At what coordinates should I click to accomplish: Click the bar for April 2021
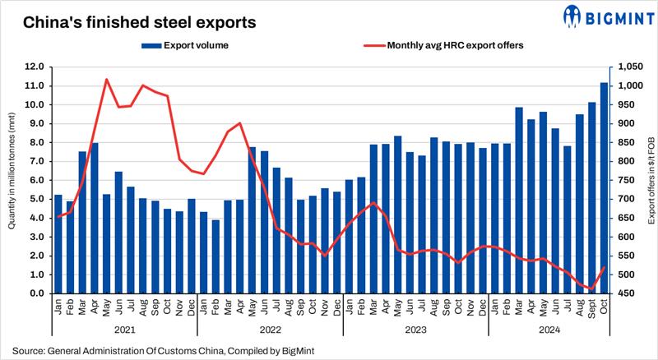point(94,218)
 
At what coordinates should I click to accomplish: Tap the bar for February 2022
point(215,256)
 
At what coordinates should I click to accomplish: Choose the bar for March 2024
point(519,200)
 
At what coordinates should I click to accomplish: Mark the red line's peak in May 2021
point(107,80)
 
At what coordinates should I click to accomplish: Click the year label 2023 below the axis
point(415,331)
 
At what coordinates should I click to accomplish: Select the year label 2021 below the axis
point(123,331)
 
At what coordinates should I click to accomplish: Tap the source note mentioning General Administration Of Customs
point(162,351)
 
